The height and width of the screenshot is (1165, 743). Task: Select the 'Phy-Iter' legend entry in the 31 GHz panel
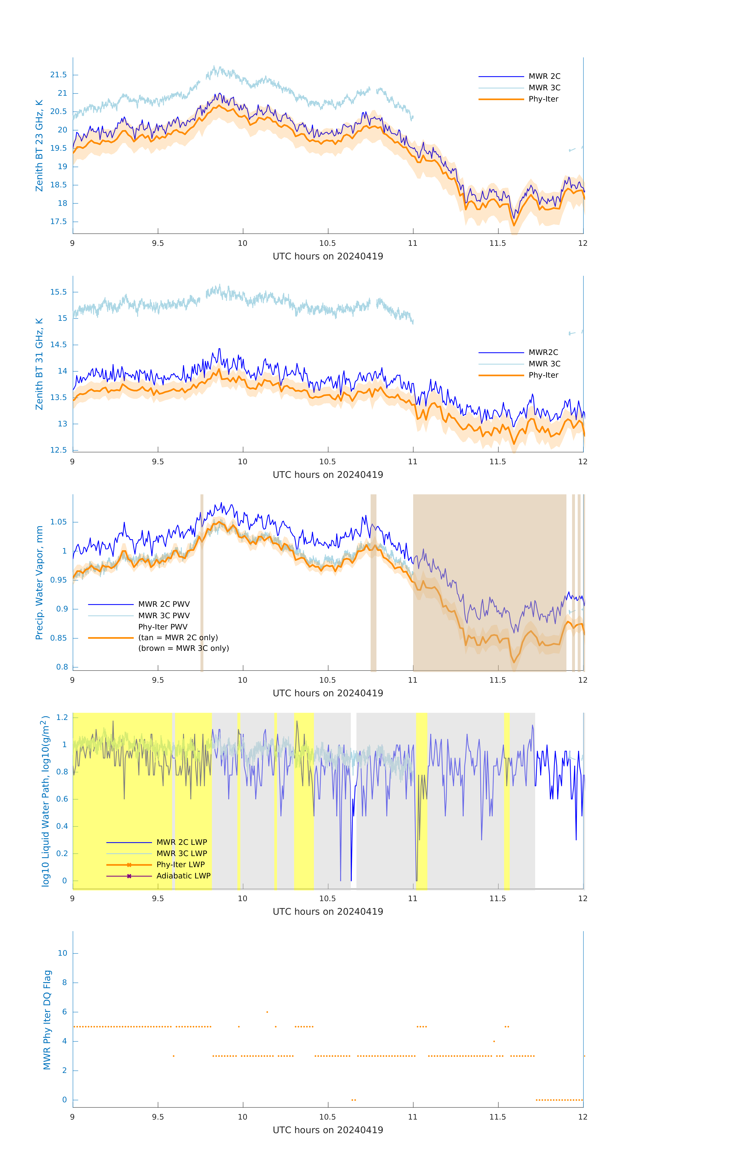(543, 375)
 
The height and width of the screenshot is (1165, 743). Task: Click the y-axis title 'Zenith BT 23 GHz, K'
(39, 146)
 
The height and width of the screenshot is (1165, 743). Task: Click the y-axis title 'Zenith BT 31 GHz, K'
(39, 364)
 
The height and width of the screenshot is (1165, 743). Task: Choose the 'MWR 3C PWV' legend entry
(164, 615)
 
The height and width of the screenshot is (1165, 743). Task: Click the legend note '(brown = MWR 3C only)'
(183, 648)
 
